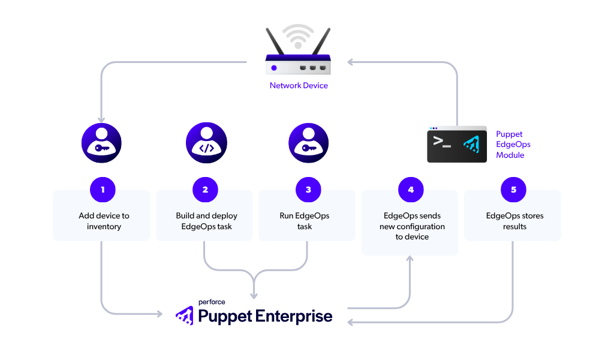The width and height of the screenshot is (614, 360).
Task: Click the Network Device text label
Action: click(299, 86)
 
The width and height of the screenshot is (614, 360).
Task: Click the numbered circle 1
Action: click(103, 190)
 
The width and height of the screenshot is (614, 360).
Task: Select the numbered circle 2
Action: click(205, 190)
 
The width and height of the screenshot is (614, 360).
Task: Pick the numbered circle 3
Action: click(308, 190)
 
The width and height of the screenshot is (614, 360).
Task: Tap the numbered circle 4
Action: click(411, 190)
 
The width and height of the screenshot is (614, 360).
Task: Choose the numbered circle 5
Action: click(513, 190)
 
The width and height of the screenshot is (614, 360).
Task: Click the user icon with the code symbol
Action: click(206, 144)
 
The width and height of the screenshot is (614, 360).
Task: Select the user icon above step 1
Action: click(101, 144)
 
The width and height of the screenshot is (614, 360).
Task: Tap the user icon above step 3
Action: click(308, 144)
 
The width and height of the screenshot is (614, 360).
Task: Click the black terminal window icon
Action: click(456, 145)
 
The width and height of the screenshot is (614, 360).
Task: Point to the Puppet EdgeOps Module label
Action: click(513, 145)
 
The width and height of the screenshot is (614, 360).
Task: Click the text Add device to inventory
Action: click(104, 221)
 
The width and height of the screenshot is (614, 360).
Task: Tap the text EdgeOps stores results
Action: click(514, 221)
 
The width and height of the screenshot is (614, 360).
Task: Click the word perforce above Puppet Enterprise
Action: click(212, 302)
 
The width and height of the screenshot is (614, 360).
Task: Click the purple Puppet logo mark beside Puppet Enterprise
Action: click(184, 315)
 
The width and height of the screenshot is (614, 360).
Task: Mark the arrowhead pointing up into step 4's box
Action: click(410, 259)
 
